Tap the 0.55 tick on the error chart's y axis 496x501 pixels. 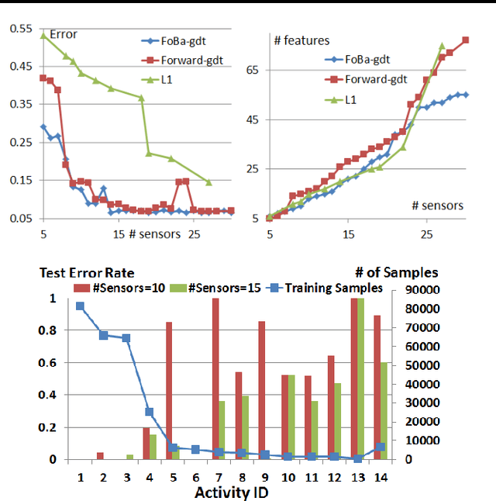(20, 29)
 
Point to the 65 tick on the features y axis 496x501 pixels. (253, 70)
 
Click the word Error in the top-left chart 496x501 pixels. (63, 34)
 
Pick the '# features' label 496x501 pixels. (302, 40)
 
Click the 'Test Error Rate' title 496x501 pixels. (87, 272)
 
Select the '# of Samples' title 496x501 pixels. (397, 272)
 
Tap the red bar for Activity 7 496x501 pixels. (215, 378)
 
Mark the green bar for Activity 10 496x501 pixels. (291, 416)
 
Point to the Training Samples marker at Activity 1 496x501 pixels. (80, 306)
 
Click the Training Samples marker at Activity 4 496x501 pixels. (149, 412)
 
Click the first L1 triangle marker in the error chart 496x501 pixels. (43, 35)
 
